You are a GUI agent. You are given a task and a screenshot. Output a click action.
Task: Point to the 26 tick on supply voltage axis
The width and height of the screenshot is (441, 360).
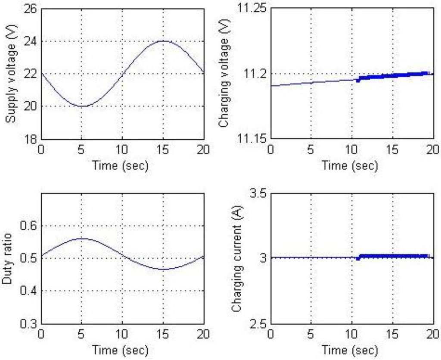[30, 9]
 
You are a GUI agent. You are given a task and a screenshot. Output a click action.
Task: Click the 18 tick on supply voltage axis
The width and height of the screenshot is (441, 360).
[30, 139]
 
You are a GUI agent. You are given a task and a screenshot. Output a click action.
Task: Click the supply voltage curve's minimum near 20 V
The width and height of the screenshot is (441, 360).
[82, 106]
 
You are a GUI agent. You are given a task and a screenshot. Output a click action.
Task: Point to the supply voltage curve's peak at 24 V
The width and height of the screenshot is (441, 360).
[163, 41]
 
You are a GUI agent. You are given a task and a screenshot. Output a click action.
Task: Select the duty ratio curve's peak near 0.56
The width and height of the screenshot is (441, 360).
[82, 238]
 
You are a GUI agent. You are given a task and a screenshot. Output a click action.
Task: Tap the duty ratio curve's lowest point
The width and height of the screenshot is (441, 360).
[163, 269]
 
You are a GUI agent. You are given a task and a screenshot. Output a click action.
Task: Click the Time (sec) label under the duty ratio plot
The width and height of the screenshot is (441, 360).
[122, 349]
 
